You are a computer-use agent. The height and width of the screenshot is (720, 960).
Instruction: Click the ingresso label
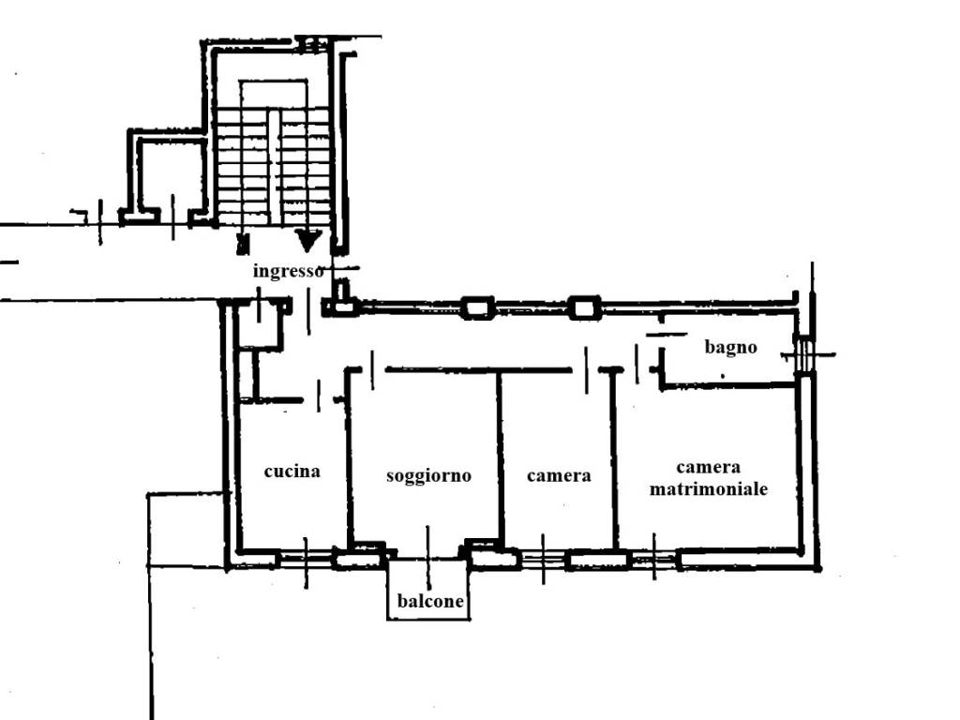tap(288, 271)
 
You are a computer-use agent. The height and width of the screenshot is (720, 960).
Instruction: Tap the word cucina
tap(292, 471)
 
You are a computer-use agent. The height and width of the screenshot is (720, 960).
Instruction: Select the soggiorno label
tap(428, 475)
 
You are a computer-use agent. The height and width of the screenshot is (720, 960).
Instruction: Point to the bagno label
tap(730, 347)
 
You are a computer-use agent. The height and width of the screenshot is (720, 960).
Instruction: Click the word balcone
tap(430, 601)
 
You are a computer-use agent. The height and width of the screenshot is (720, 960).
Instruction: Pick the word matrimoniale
tap(709, 489)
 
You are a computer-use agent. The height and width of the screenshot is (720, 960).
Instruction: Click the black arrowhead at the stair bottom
tap(307, 240)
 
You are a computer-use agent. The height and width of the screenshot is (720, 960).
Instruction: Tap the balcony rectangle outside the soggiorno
tap(428, 589)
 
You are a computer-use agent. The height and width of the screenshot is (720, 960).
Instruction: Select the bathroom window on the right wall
tap(803, 354)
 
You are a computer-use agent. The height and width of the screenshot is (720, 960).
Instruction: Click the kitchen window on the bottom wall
tap(307, 559)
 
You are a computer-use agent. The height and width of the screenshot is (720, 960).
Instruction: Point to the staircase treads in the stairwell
tap(274, 165)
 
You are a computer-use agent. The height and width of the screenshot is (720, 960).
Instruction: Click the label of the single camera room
tap(559, 475)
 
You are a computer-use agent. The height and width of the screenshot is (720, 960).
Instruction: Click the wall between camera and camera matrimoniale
tap(613, 459)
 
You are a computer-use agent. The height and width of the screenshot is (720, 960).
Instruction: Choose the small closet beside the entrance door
tap(261, 323)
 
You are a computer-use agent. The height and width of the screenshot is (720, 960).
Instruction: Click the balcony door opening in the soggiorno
tap(427, 556)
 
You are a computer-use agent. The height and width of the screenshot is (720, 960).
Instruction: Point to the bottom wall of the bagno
tap(728, 385)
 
